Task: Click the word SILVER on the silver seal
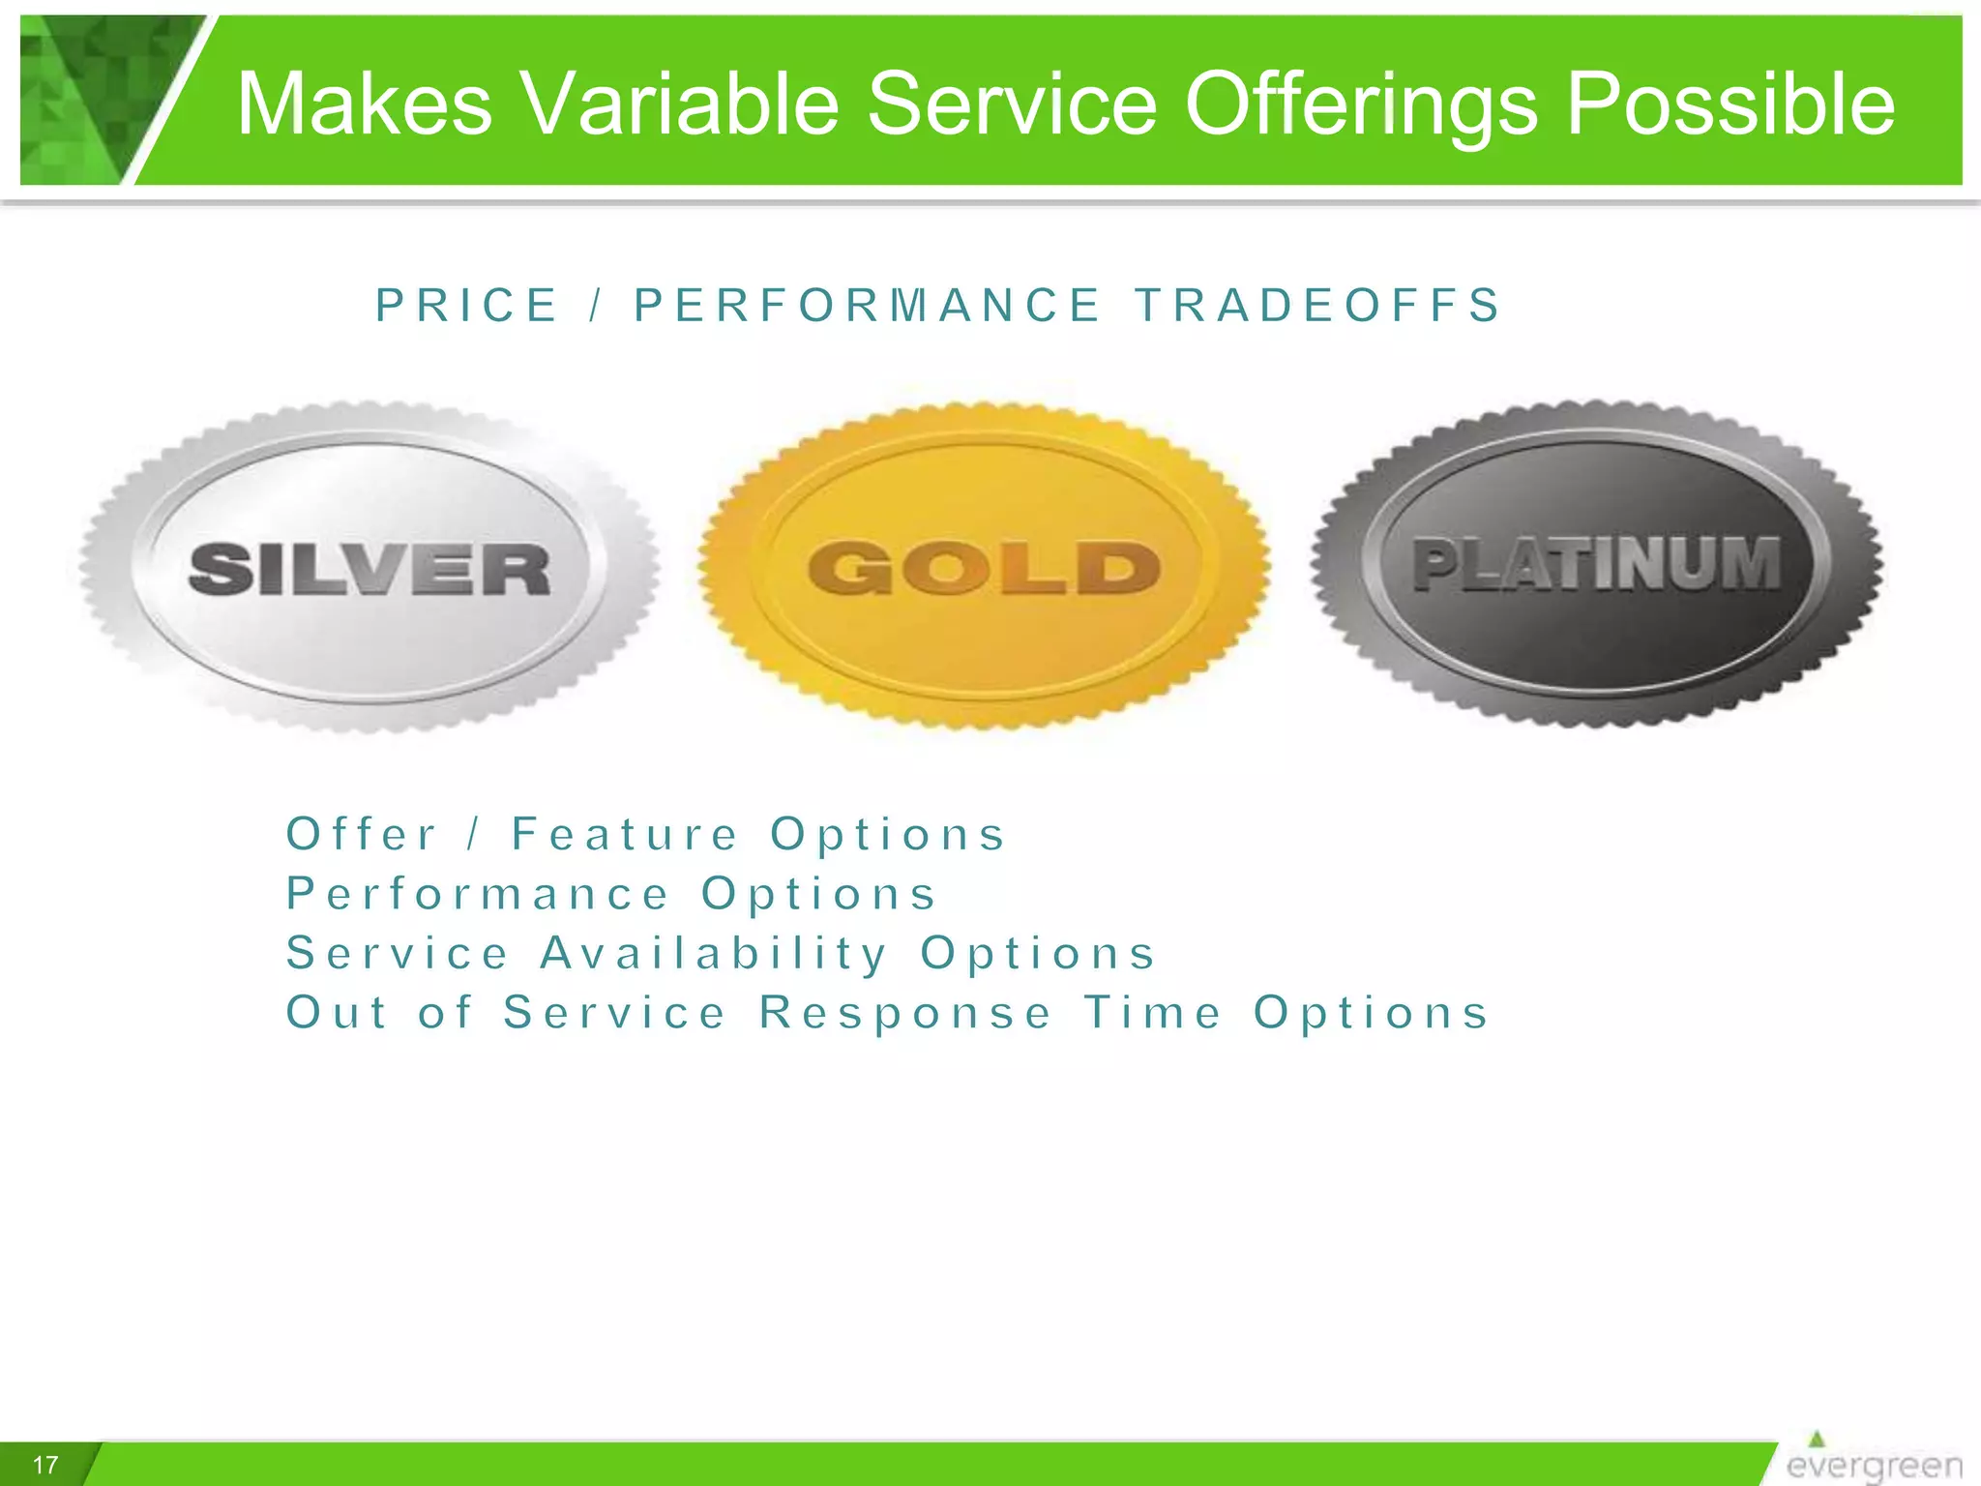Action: tap(370, 569)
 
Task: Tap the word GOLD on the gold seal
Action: tap(984, 567)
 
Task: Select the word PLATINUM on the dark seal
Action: tap(1596, 563)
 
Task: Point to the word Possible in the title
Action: tap(1730, 104)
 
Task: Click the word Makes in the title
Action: tap(365, 104)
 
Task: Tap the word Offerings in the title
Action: tap(1359, 104)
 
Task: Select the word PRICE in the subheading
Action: tap(467, 306)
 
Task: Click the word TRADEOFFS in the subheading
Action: tap(1317, 306)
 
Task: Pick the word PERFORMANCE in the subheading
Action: tap(868, 306)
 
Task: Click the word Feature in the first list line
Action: tap(625, 834)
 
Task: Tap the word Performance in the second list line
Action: tap(478, 894)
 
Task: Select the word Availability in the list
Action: tap(714, 953)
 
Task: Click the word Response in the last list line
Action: tap(905, 1013)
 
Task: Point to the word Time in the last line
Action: tap(1153, 1013)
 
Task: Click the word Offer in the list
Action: tap(362, 834)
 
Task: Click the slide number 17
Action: tap(45, 1465)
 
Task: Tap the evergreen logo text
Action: tap(1874, 1466)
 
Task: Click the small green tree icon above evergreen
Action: tap(1817, 1439)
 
